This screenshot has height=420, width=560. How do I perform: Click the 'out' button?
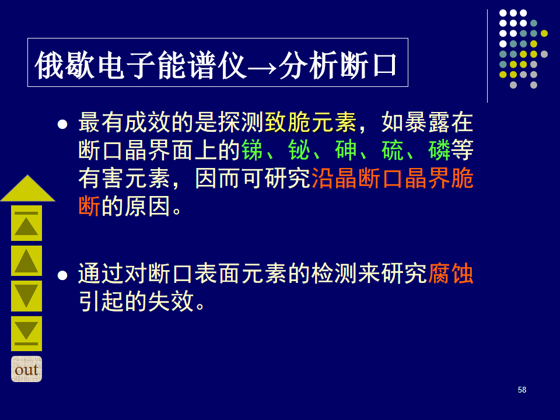point(26,369)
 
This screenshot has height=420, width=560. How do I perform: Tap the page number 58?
point(521,390)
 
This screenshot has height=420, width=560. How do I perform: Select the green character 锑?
point(252,150)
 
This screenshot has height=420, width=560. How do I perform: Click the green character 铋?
point(299,150)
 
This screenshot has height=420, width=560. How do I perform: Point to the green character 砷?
point(346,150)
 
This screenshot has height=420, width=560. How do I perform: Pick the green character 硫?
point(393,150)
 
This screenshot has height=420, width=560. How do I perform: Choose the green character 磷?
point(439,150)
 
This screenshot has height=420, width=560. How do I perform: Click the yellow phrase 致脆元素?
point(310,123)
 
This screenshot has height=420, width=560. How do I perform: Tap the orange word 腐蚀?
point(451,274)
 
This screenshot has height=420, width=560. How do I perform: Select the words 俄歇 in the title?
point(65,65)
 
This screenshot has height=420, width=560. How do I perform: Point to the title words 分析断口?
point(338,65)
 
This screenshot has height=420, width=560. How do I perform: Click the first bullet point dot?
point(62,124)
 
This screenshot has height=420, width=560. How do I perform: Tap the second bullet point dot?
point(62,275)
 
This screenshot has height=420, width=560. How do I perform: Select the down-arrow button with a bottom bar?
point(26,334)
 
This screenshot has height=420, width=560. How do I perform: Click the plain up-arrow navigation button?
point(26,261)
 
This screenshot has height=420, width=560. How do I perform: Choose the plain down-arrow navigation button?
point(26,296)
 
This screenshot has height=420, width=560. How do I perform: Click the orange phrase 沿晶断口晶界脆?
point(393,178)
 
